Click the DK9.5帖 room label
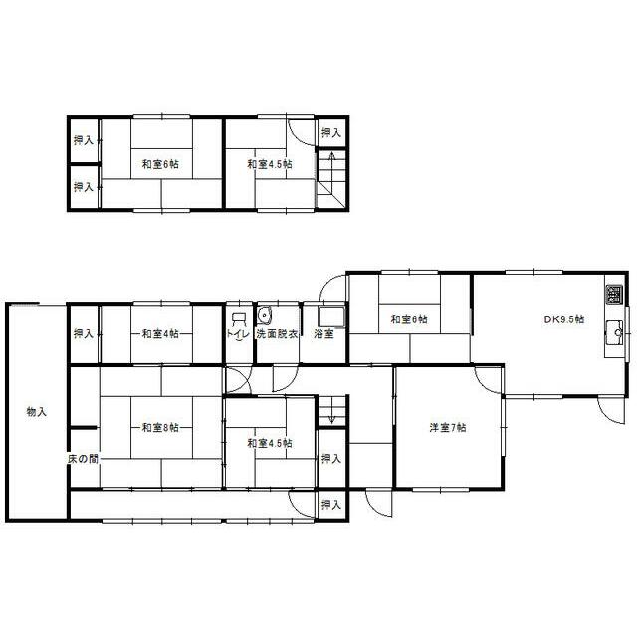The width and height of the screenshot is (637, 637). [564, 319]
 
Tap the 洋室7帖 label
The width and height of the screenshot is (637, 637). [448, 427]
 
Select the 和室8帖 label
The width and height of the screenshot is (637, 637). [160, 427]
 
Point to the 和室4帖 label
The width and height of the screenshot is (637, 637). [160, 334]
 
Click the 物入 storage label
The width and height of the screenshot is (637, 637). [37, 412]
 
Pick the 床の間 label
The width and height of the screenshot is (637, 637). [83, 459]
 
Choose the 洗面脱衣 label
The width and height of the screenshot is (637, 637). [277, 334]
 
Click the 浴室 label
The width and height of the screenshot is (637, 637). [323, 334]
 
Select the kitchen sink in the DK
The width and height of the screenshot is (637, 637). [614, 333]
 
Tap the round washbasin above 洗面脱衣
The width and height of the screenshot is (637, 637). [265, 316]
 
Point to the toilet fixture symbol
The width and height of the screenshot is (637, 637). [239, 319]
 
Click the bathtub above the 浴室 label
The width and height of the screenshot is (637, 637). [331, 317]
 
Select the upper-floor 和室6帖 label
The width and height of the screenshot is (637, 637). [160, 164]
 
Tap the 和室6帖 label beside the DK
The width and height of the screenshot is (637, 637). [409, 319]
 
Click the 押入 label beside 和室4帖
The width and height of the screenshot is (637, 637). [83, 334]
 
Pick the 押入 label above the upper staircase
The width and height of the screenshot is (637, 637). [331, 132]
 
